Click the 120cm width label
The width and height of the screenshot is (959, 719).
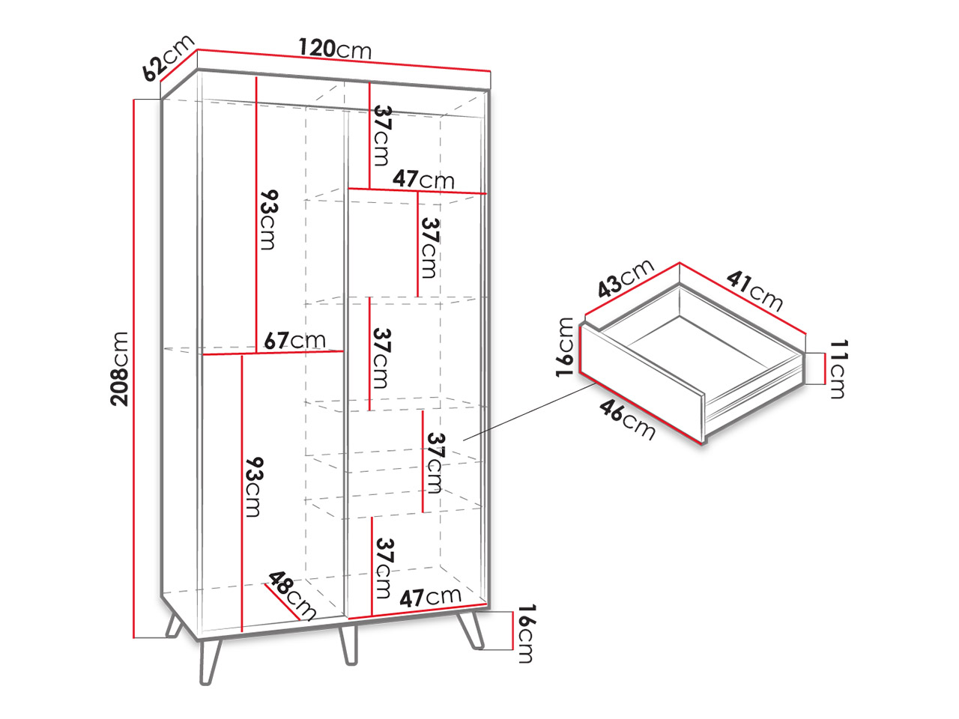tap(335, 49)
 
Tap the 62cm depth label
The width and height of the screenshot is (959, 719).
tap(169, 58)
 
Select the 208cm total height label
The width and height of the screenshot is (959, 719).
tap(119, 369)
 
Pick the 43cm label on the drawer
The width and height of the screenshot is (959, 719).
tap(625, 278)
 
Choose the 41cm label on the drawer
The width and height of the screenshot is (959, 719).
tap(754, 291)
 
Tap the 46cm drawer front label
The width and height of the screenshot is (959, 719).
tap(627, 420)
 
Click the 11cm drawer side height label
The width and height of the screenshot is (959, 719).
tap(838, 369)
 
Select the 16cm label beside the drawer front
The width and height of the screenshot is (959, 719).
tap(564, 347)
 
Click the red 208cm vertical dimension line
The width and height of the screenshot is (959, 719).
tap(134, 369)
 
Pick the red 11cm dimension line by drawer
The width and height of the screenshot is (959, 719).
tap(824, 369)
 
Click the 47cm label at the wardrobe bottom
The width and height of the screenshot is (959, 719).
tap(430, 597)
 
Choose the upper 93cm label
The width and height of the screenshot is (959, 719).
tap(267, 219)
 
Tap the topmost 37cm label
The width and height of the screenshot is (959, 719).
tap(381, 136)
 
